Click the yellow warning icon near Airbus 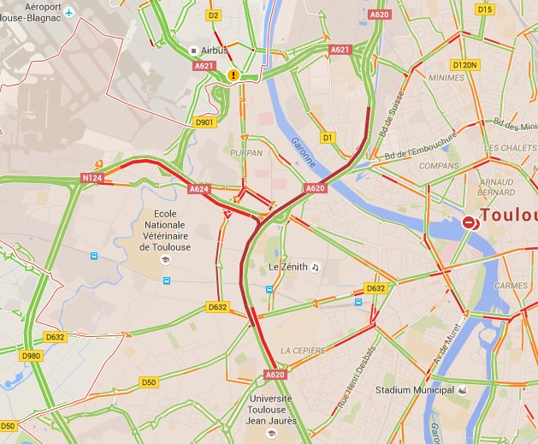(234, 75)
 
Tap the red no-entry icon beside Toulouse (470, 222)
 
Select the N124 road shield (92, 177)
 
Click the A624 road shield (198, 188)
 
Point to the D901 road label (204, 122)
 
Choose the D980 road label (32, 356)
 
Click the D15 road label (485, 9)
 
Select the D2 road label (214, 15)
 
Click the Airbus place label (213, 50)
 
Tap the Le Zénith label (287, 267)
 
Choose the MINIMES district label (446, 77)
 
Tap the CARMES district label (511, 286)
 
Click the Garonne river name (302, 152)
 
